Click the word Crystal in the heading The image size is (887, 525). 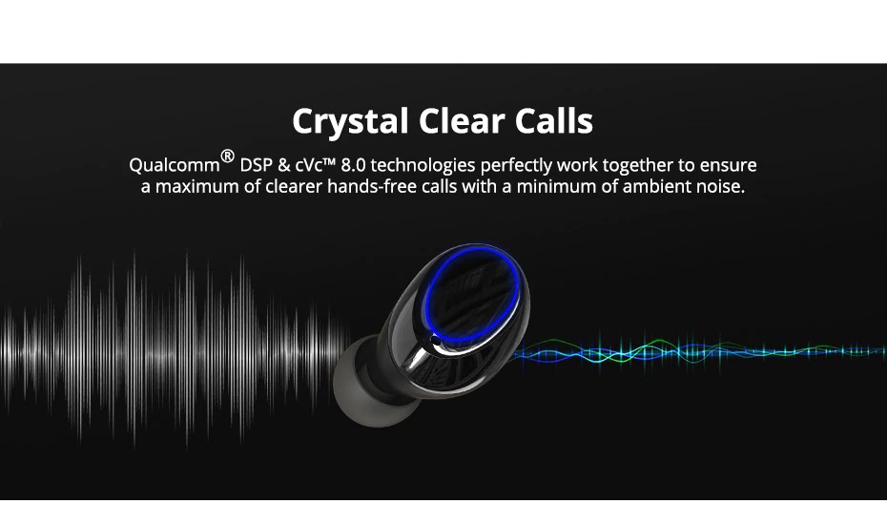(350, 121)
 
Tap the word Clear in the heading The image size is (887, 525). (462, 120)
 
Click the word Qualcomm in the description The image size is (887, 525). (175, 165)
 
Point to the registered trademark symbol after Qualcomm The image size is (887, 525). (227, 156)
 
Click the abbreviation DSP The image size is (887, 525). (257, 165)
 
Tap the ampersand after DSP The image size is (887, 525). (284, 165)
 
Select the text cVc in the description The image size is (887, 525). (309, 165)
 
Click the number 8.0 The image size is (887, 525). (353, 165)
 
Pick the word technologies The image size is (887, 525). (423, 165)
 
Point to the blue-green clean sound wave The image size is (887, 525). (696, 351)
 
